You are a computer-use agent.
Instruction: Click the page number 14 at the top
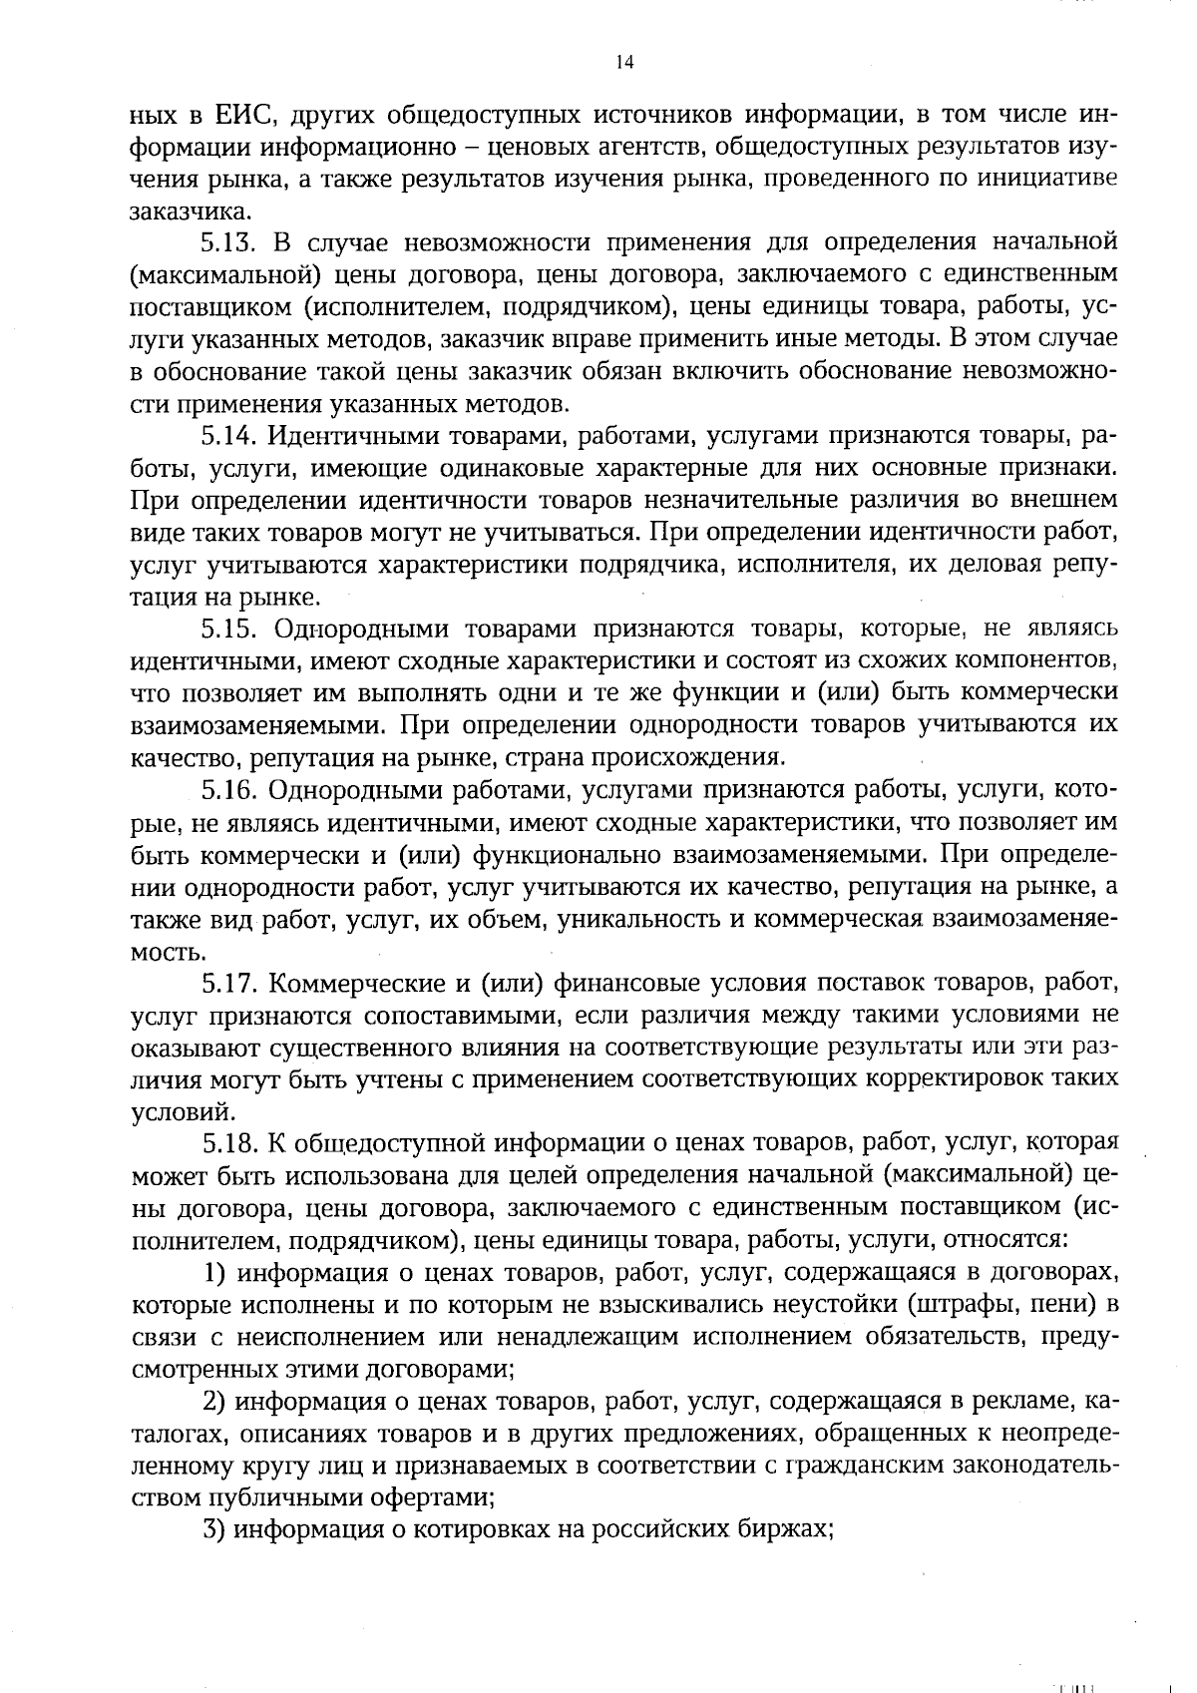[x=624, y=63]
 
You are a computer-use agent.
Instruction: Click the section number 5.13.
[x=230, y=242]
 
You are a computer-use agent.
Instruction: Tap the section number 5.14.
[x=230, y=436]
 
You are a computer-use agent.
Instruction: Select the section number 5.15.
[x=230, y=630]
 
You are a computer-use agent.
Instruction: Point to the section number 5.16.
[x=230, y=791]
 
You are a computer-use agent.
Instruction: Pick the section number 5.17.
[x=230, y=985]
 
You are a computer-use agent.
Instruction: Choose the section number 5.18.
[x=230, y=1144]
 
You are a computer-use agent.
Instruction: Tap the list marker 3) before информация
[x=214, y=1531]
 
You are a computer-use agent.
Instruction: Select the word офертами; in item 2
[x=435, y=1499]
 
